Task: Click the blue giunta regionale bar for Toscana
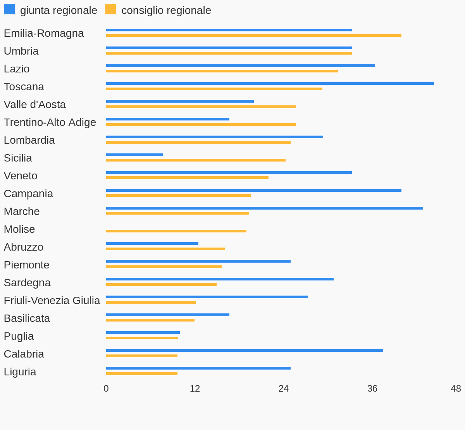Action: pyautogui.click(x=270, y=84)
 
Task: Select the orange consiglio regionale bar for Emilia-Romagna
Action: pyautogui.click(x=253, y=36)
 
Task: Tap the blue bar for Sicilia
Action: pyautogui.click(x=134, y=155)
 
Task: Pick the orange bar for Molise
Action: pyautogui.click(x=176, y=231)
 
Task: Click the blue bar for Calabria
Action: pyautogui.click(x=244, y=351)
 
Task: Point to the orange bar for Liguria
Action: pyautogui.click(x=141, y=374)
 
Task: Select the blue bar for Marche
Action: pyautogui.click(x=264, y=208)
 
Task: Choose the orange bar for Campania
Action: pyautogui.click(x=178, y=196)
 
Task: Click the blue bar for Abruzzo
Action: pyautogui.click(x=152, y=244)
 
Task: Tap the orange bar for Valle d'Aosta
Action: pyautogui.click(x=201, y=107)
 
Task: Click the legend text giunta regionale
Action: pyautogui.click(x=59, y=10)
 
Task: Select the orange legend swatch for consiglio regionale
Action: pyautogui.click(x=110, y=9)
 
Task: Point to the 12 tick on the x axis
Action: pyautogui.click(x=195, y=389)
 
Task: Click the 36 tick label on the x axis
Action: pyautogui.click(x=372, y=389)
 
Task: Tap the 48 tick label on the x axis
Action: pyautogui.click(x=456, y=389)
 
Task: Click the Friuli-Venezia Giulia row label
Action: pyautogui.click(x=52, y=301)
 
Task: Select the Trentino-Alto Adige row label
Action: pyautogui.click(x=50, y=122)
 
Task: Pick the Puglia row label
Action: pyautogui.click(x=19, y=336)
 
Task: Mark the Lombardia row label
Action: pyautogui.click(x=29, y=140)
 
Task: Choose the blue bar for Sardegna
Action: pyautogui.click(x=220, y=279)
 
